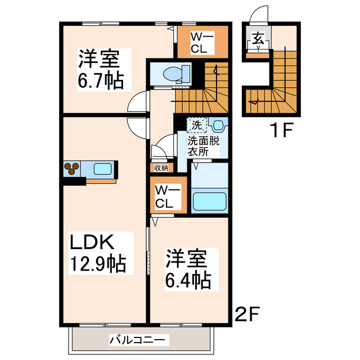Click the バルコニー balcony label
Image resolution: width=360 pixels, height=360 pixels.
click(x=138, y=340)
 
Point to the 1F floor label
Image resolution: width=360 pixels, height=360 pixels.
click(x=279, y=131)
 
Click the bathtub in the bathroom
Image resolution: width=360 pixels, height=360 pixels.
click(x=209, y=201)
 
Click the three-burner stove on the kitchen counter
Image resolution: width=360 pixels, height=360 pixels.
click(x=72, y=168)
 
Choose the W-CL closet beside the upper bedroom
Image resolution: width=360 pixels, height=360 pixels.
click(x=202, y=42)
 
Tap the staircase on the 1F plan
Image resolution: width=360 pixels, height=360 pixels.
click(x=278, y=84)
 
